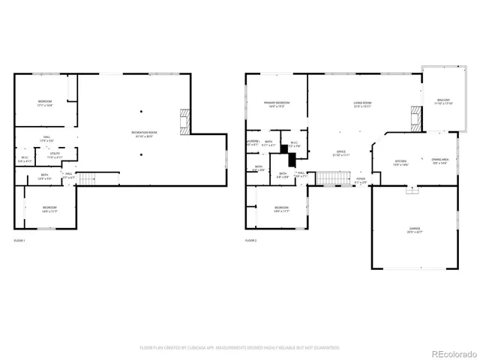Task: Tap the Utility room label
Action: pyautogui.click(x=55, y=156)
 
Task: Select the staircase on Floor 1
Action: pyautogui.click(x=89, y=178)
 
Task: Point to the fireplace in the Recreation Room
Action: pyautogui.click(x=184, y=120)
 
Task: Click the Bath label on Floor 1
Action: pyautogui.click(x=45, y=177)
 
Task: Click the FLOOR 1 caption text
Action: pyautogui.click(x=19, y=240)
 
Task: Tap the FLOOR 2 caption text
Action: pyautogui.click(x=250, y=240)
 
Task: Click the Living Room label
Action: pyautogui.click(x=364, y=103)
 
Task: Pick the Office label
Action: pyautogui.click(x=340, y=153)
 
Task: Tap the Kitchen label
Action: pyautogui.click(x=401, y=163)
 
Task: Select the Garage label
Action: pyautogui.click(x=414, y=231)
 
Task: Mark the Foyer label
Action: pyautogui.click(x=361, y=180)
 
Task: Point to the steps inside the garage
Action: pyautogui.click(x=410, y=190)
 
